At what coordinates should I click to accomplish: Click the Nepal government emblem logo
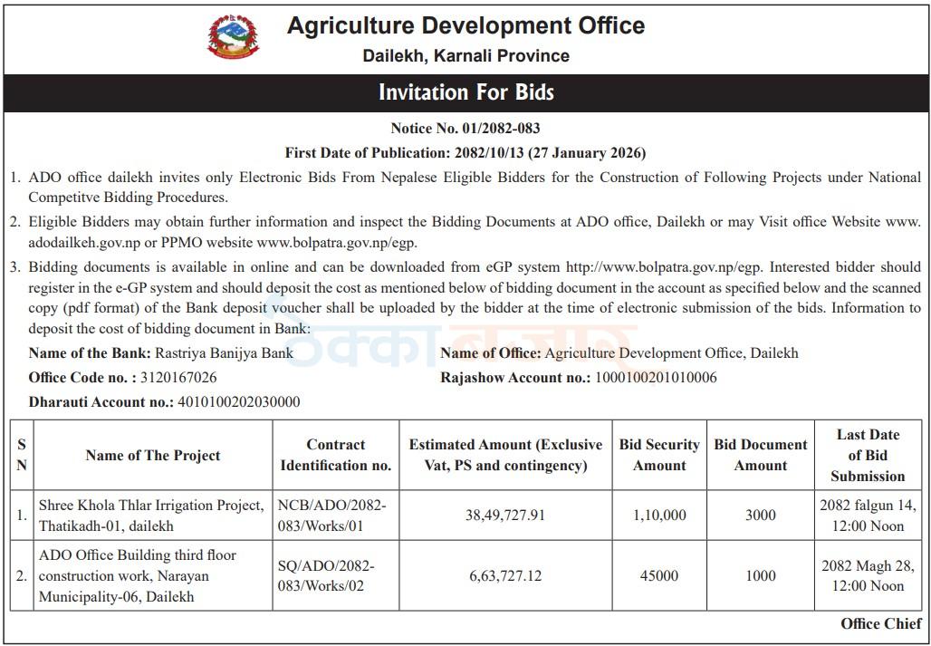pos(233,37)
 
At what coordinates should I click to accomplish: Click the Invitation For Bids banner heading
pos(465,92)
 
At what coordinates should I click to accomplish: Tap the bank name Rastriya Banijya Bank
pos(224,353)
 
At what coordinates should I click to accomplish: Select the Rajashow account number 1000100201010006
pos(655,377)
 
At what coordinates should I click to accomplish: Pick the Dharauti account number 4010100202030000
pos(238,401)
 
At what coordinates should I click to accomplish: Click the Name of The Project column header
pos(153,456)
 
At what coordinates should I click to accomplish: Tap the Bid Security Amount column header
pos(659,455)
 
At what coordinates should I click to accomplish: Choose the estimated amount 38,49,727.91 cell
pos(505,515)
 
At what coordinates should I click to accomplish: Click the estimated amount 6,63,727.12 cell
pos(505,575)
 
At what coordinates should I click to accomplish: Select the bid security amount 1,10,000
pos(659,515)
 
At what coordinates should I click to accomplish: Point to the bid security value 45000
pos(659,575)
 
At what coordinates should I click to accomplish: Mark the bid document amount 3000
pos(761,515)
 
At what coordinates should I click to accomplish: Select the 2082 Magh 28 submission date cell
pos(868,575)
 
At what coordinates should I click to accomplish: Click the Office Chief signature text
pos(881,623)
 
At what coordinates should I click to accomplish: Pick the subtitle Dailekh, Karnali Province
pos(465,56)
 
